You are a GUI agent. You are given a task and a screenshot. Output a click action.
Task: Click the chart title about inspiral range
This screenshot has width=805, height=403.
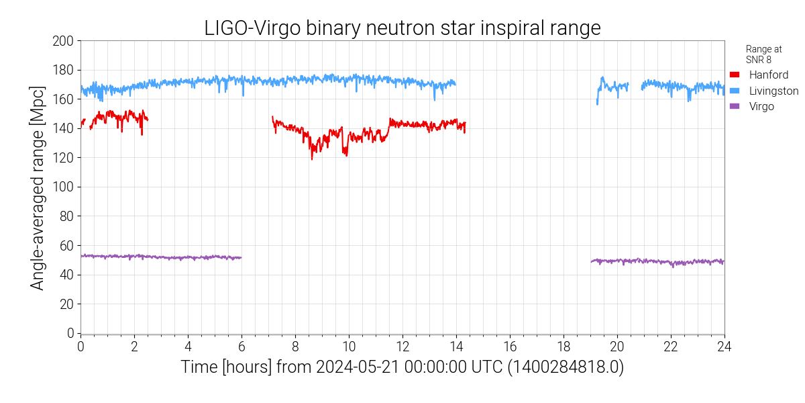pyautogui.click(x=402, y=28)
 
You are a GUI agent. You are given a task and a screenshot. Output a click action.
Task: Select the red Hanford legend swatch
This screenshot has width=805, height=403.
pyautogui.click(x=735, y=75)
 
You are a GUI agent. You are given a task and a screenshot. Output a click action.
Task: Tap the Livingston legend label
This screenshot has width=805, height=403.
pyautogui.click(x=773, y=91)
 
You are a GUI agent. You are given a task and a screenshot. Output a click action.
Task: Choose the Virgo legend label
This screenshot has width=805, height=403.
pyautogui.click(x=761, y=106)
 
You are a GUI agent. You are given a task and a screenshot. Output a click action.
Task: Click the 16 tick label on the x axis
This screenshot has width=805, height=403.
pyautogui.click(x=510, y=346)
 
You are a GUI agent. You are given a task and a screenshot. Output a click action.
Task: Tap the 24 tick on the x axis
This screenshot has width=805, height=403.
pyautogui.click(x=724, y=346)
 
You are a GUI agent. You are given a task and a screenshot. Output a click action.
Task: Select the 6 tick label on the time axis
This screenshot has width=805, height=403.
pyautogui.click(x=241, y=346)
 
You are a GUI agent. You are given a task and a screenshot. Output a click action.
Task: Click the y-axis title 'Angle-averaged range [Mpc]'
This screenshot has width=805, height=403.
pyautogui.click(x=38, y=187)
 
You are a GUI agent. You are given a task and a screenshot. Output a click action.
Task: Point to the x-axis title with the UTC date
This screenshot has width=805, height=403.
pyautogui.click(x=402, y=368)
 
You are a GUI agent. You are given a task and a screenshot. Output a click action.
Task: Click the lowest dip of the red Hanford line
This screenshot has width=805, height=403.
pyautogui.click(x=312, y=159)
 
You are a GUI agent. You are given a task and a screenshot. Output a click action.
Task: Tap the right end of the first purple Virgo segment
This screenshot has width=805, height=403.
pyautogui.click(x=241, y=258)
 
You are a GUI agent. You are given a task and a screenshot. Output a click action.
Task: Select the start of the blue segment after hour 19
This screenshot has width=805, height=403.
pyautogui.click(x=597, y=103)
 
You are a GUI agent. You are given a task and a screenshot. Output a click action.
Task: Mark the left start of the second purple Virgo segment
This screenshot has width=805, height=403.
pyautogui.click(x=592, y=261)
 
